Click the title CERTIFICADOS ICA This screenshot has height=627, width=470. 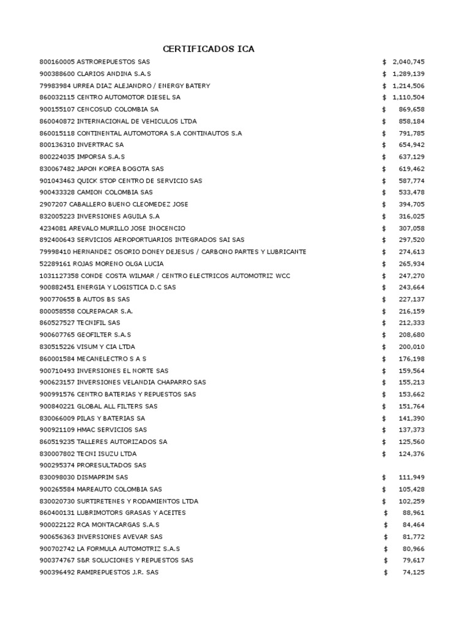(x=208, y=49)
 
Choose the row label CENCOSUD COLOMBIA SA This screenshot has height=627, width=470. (x=117, y=109)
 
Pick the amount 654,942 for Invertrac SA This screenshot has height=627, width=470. (x=411, y=145)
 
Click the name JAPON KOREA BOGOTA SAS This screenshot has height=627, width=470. (x=120, y=168)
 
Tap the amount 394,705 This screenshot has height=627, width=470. (x=411, y=204)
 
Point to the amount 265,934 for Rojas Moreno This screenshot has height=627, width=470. (x=411, y=263)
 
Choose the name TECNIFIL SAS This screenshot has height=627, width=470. (x=99, y=323)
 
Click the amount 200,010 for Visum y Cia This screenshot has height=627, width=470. (x=411, y=347)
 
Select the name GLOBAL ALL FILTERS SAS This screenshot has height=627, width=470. (x=117, y=406)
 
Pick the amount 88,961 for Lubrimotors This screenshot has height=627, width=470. (x=413, y=512)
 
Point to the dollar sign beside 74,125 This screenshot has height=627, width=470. (x=386, y=572)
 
